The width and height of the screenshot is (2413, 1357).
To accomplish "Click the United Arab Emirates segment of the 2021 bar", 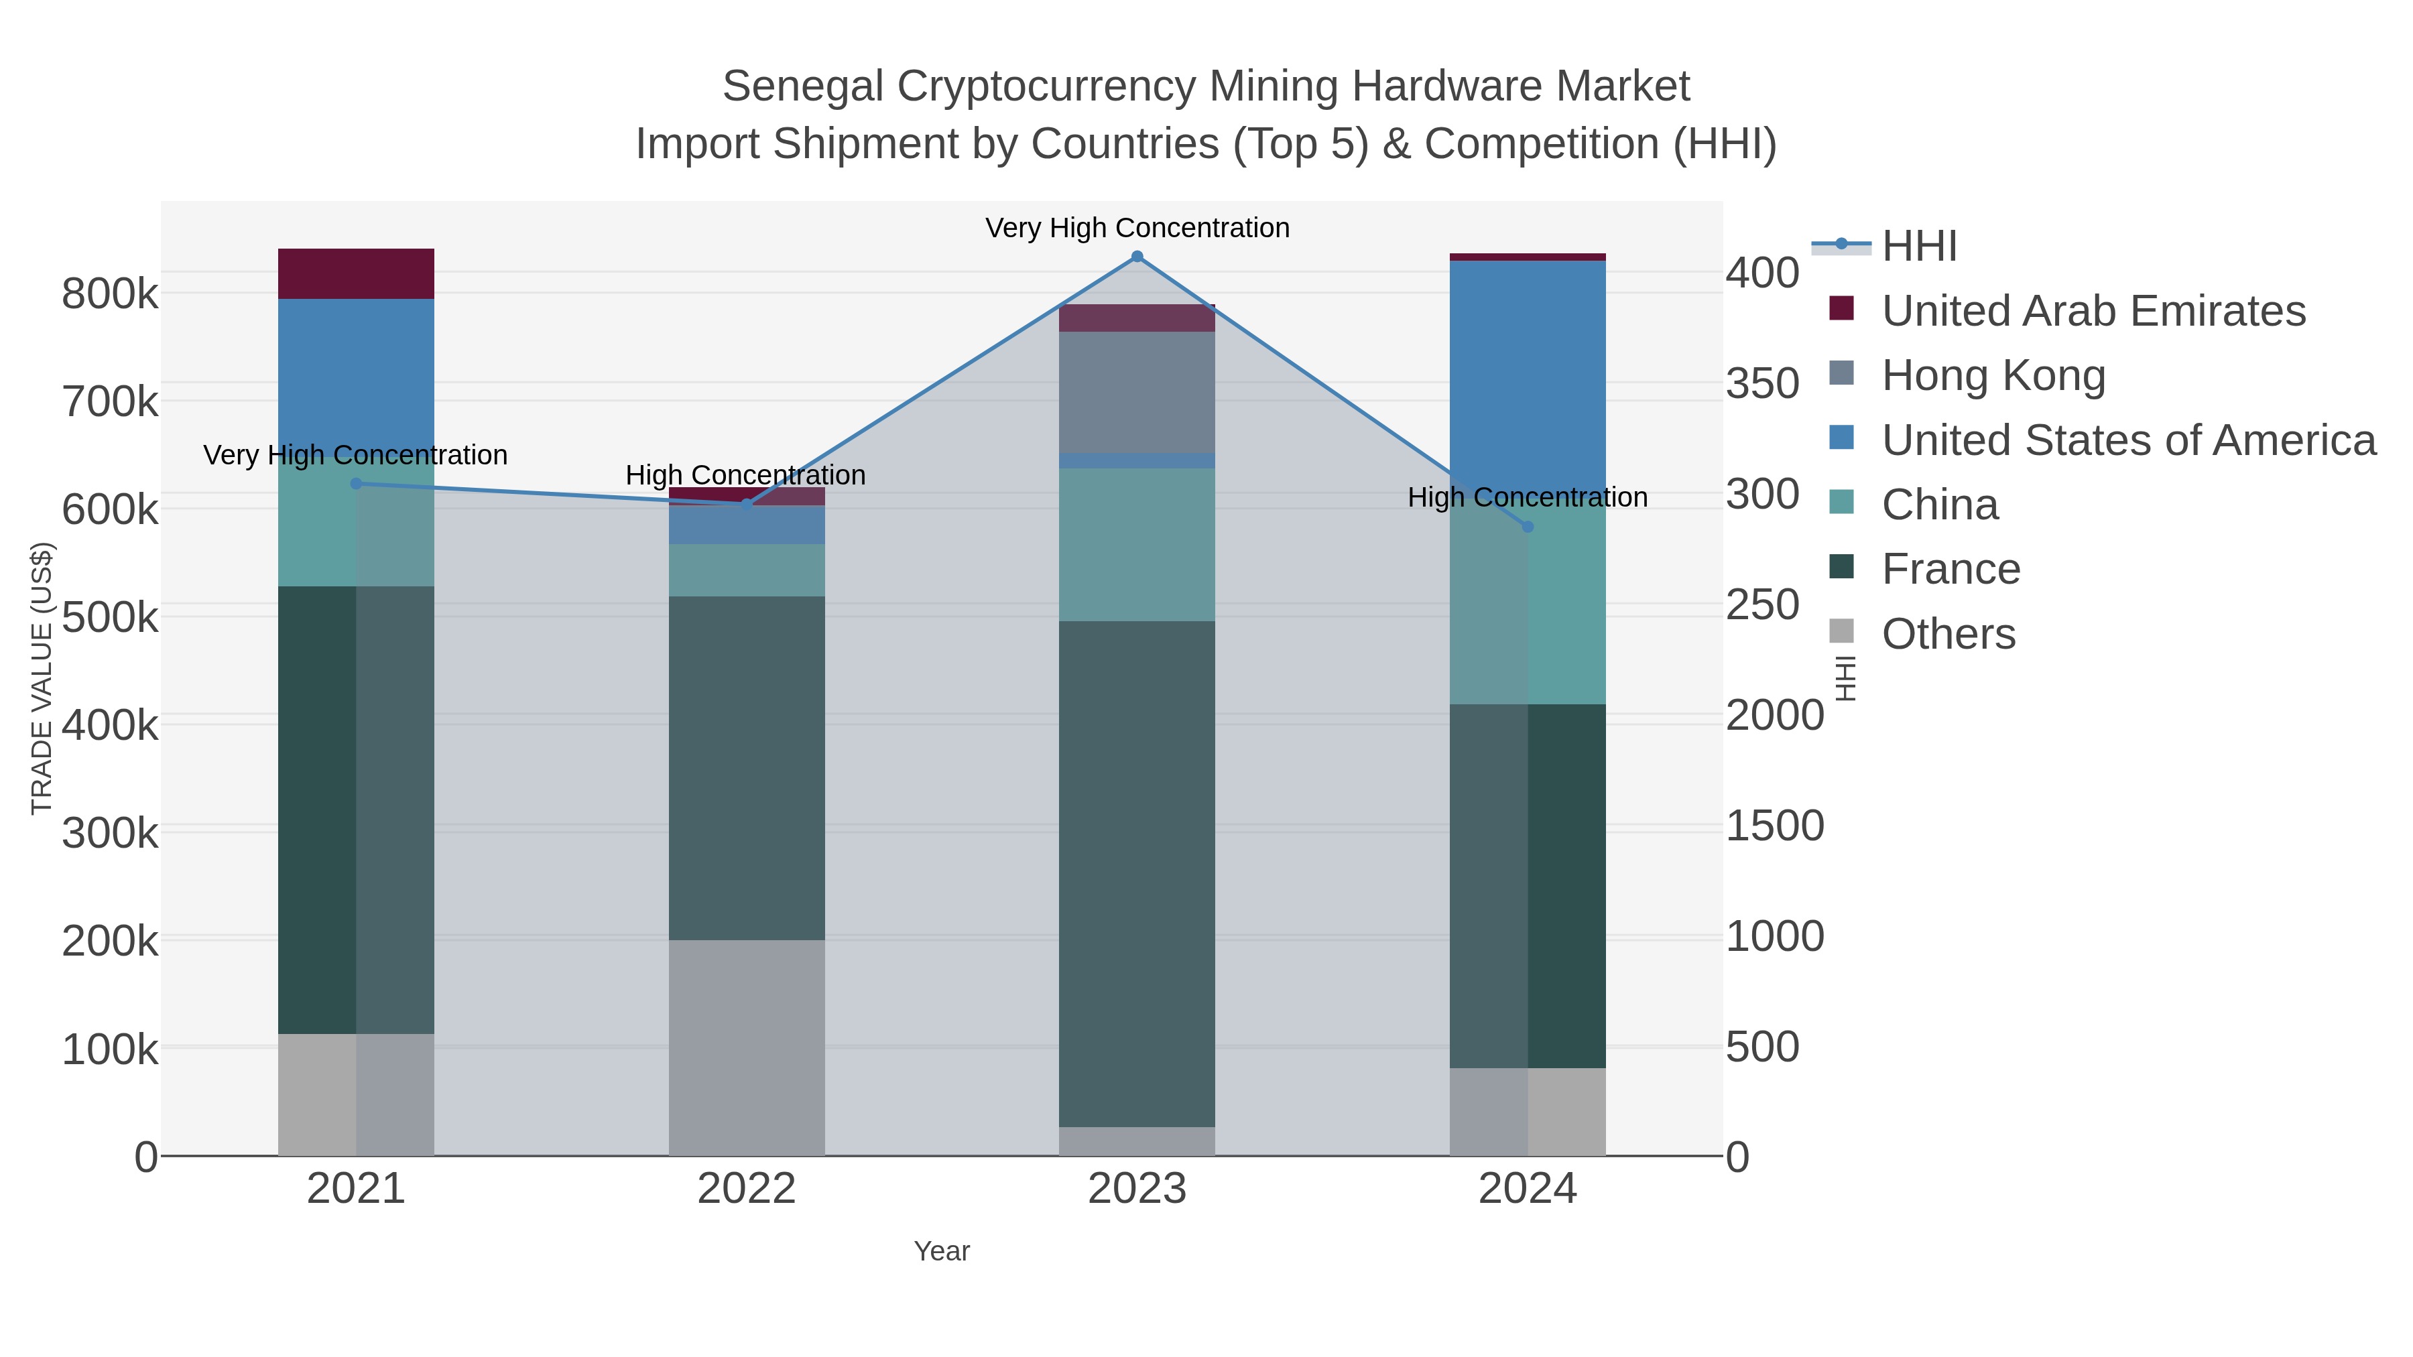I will coord(356,273).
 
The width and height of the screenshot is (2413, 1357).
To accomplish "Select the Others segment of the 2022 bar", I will coord(747,1047).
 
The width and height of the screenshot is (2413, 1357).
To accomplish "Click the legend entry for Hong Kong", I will coord(1993,375).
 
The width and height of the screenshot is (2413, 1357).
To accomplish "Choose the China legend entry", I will coord(1939,505).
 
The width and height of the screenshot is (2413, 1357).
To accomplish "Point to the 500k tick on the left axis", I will coord(110,617).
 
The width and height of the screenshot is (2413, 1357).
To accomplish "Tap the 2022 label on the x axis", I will coord(747,1188).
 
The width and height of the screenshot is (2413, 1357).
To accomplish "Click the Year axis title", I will coord(942,1251).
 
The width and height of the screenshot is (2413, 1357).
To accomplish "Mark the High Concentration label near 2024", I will coord(1527,497).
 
